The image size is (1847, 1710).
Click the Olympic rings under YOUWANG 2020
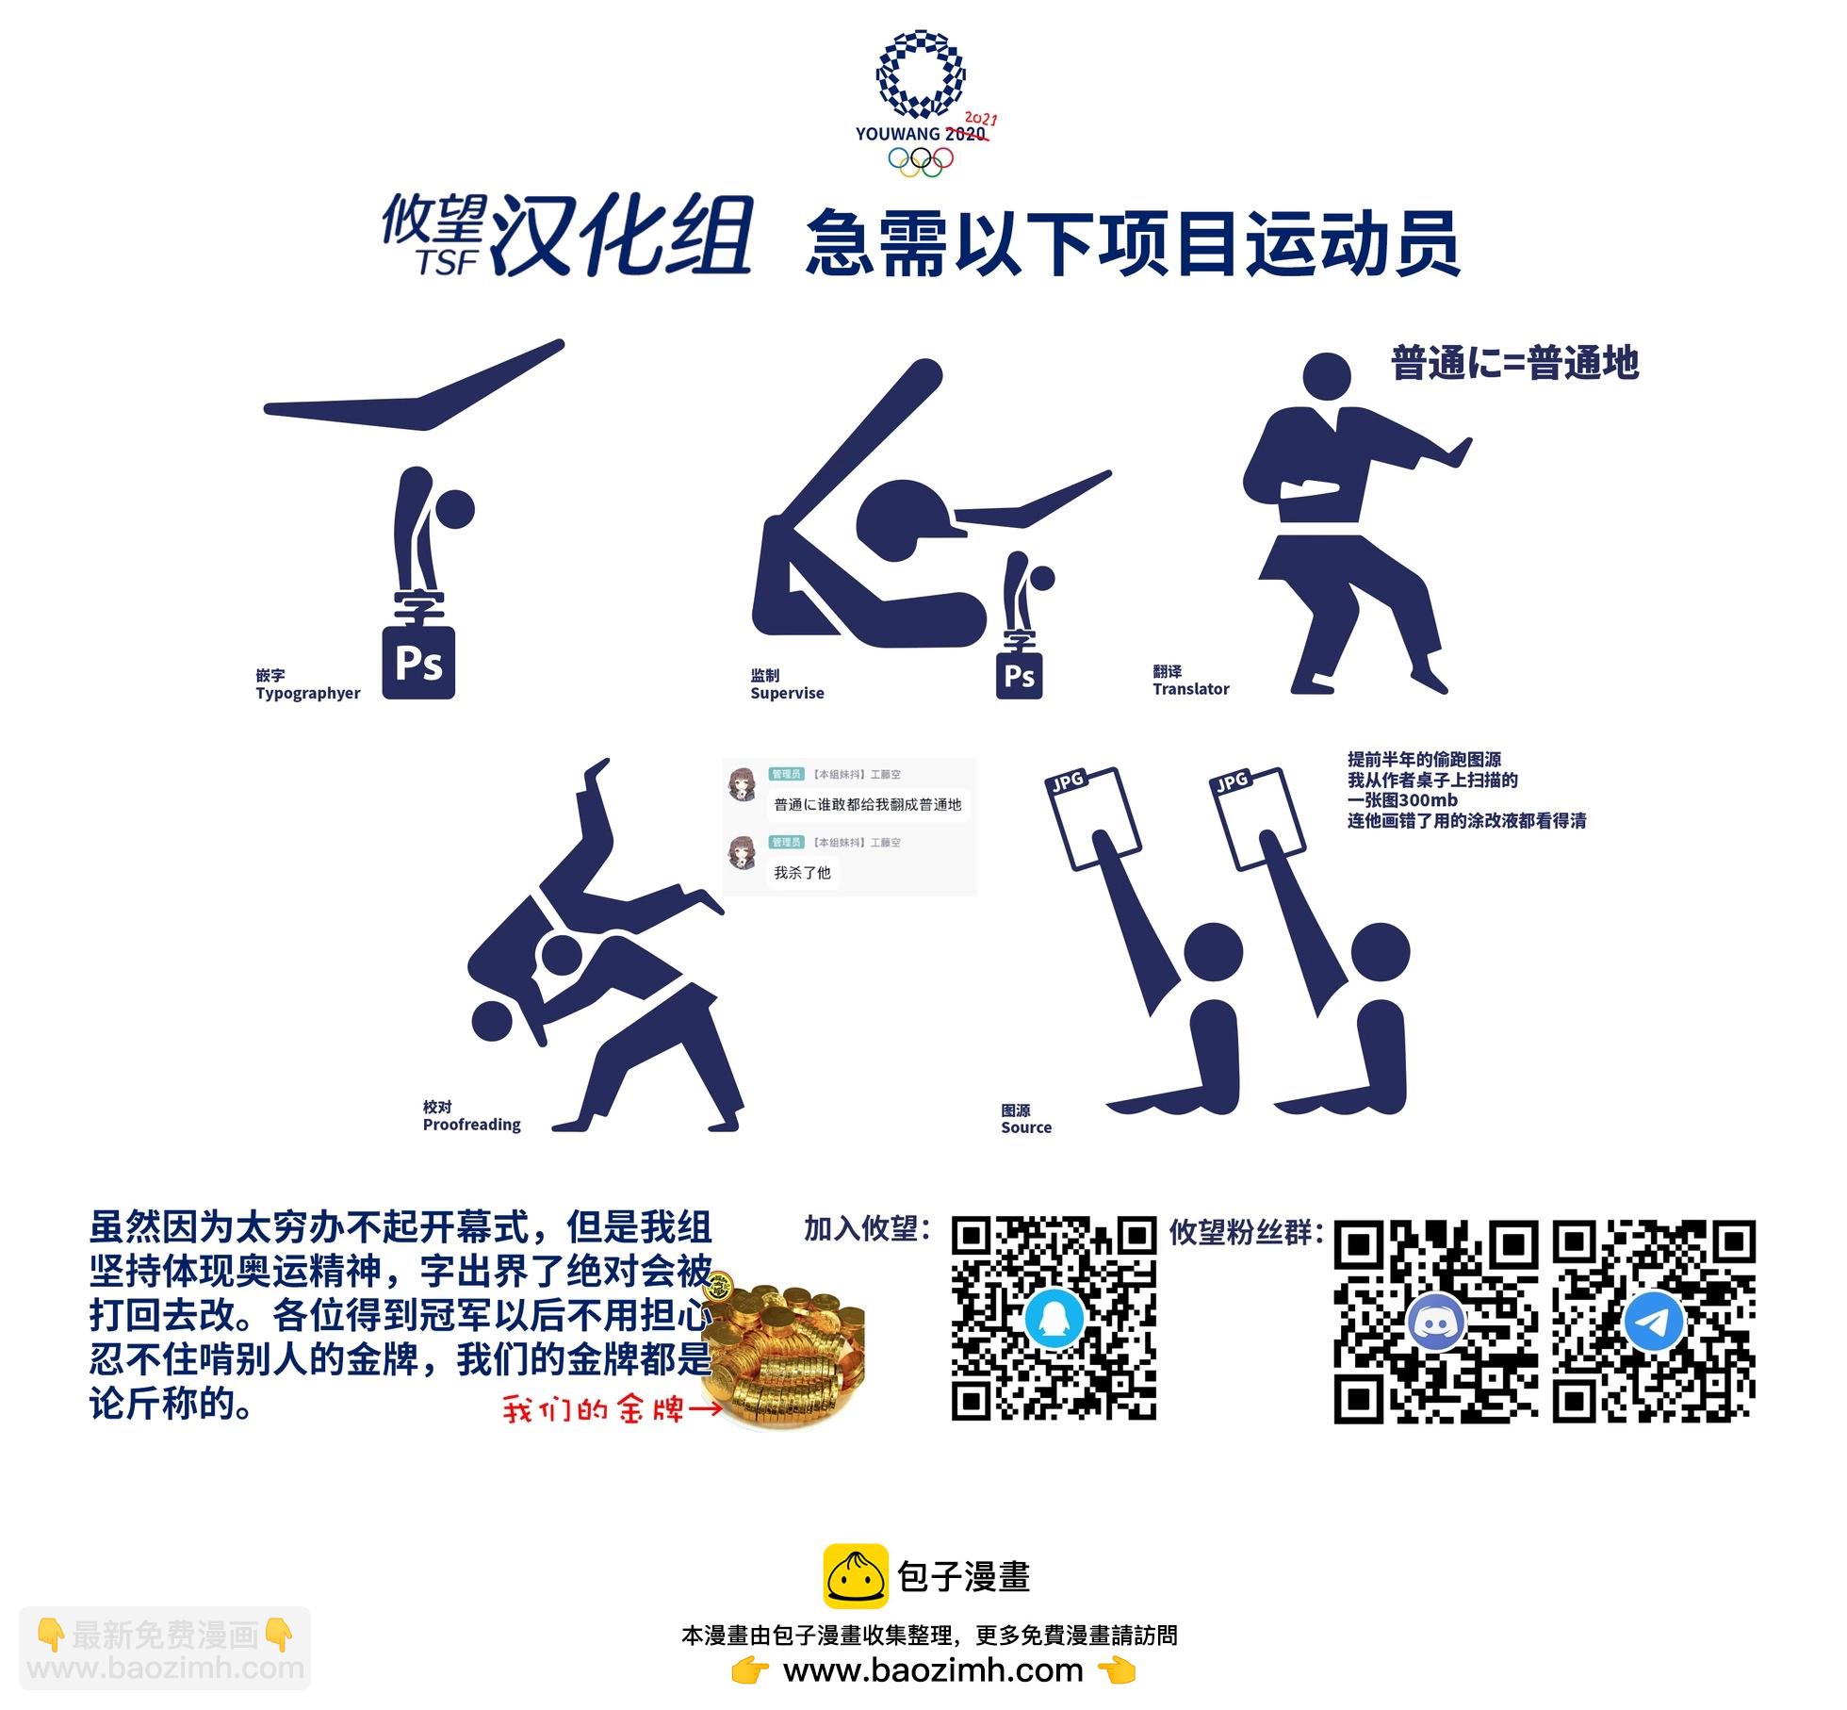[921, 161]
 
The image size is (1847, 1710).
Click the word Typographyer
[308, 694]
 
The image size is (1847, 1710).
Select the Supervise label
[787, 693]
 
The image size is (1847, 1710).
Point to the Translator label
[1191, 689]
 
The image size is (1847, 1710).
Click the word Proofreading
[471, 1125]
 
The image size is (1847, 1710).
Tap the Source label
[1026, 1127]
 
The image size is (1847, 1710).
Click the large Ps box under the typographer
[418, 663]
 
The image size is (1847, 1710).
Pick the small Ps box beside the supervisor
[1020, 676]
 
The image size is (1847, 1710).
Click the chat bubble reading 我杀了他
[802, 873]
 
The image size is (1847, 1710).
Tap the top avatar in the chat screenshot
[744, 784]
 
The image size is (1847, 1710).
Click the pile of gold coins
[784, 1350]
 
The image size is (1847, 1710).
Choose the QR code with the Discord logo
[1436, 1322]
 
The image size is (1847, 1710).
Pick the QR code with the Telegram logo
[1654, 1322]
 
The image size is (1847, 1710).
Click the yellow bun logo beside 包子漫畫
[856, 1576]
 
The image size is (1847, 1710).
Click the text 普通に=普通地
[1515, 363]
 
